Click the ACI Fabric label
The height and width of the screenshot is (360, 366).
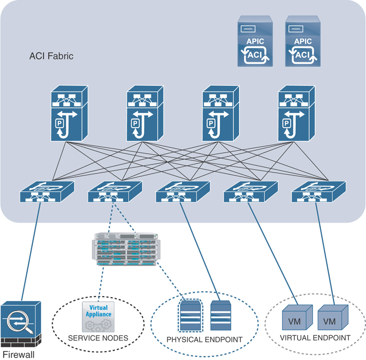(x=51, y=56)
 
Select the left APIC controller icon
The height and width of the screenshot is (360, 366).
(x=256, y=41)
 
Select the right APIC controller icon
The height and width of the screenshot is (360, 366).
(x=302, y=41)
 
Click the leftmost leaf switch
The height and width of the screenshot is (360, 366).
(x=47, y=192)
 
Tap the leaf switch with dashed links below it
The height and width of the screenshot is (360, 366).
(x=115, y=192)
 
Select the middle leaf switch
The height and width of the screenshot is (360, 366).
(x=182, y=192)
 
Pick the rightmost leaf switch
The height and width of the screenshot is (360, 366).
(x=318, y=192)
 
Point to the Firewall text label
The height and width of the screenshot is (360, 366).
(x=18, y=355)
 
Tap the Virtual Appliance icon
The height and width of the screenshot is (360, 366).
(x=99, y=316)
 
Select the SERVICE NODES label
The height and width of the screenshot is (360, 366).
(x=98, y=337)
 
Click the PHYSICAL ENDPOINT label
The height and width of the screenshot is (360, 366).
(x=205, y=339)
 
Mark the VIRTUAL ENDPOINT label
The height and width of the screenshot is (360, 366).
(x=315, y=337)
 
